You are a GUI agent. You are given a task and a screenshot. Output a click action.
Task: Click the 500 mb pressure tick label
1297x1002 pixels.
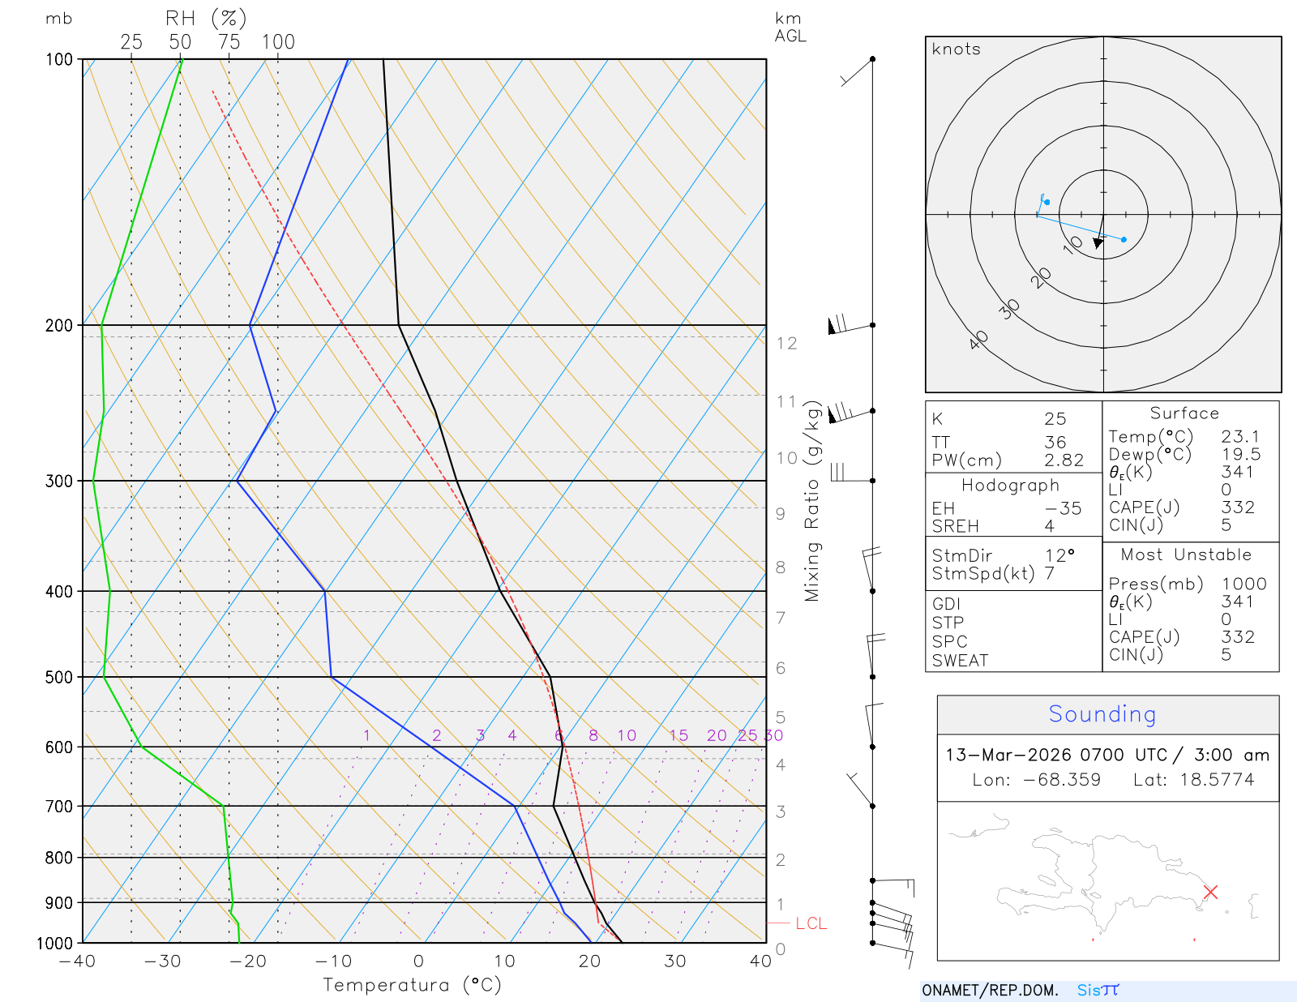click(x=58, y=677)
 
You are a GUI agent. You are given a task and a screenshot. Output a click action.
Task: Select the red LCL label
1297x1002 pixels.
click(x=811, y=923)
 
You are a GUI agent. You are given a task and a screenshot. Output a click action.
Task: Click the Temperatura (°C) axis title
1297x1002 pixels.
click(x=412, y=985)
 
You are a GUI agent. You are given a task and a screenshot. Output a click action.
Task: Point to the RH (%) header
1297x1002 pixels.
click(x=205, y=18)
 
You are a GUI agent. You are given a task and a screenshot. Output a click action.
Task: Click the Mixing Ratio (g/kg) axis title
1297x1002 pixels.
click(x=812, y=501)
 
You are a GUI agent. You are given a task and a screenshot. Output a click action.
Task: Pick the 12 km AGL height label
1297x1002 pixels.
click(x=786, y=343)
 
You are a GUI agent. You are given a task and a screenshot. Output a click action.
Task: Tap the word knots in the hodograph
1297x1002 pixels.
click(x=956, y=49)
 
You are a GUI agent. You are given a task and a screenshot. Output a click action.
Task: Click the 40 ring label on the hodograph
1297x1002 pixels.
click(x=978, y=340)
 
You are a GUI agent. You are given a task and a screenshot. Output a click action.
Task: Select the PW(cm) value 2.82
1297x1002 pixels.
click(x=1064, y=460)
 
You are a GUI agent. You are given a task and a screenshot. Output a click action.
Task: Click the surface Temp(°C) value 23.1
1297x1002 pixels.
click(x=1240, y=436)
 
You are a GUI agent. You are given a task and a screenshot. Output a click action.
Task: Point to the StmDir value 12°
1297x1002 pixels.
click(x=1059, y=555)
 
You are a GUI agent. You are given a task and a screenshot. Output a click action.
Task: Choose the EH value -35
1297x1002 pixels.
click(x=1063, y=508)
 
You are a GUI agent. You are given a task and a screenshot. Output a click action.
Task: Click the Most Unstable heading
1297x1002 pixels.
click(x=1186, y=555)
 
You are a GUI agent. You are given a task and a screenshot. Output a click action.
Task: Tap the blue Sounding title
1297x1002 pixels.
click(x=1102, y=713)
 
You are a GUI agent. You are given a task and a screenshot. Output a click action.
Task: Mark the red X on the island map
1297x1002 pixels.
click(x=1210, y=892)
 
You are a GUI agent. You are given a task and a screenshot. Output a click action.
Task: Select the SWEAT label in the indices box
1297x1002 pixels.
click(x=960, y=661)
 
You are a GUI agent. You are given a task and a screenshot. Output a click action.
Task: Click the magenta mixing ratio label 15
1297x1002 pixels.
click(x=678, y=735)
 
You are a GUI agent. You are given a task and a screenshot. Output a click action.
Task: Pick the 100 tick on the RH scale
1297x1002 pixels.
click(x=278, y=42)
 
